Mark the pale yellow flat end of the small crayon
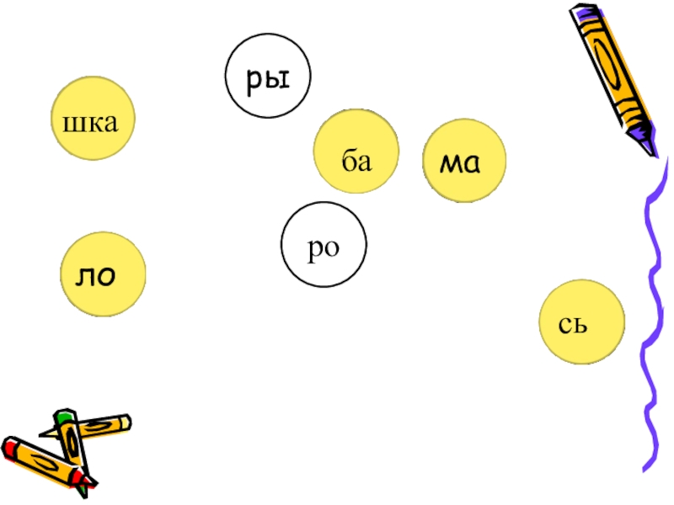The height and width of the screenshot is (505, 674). click(x=126, y=420)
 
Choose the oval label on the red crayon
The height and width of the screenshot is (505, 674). click(x=46, y=460)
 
